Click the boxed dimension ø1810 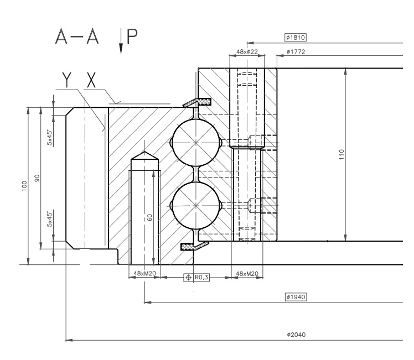(x=296, y=38)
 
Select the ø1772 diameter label (x=296, y=52)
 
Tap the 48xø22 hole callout (x=247, y=51)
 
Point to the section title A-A (x=77, y=36)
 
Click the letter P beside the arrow (x=132, y=36)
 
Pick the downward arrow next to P (x=121, y=41)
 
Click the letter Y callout (x=67, y=80)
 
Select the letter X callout (x=91, y=80)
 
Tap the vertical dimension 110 (x=341, y=154)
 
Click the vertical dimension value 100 (x=24, y=186)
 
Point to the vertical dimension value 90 (x=37, y=178)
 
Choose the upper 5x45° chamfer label (x=49, y=137)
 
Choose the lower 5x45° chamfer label (x=49, y=219)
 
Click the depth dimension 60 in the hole (x=149, y=217)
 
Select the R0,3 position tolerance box (x=196, y=278)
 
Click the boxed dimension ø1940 (x=296, y=297)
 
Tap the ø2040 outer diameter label (x=296, y=335)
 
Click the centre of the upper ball (x=195, y=143)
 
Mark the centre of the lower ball (x=195, y=205)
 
